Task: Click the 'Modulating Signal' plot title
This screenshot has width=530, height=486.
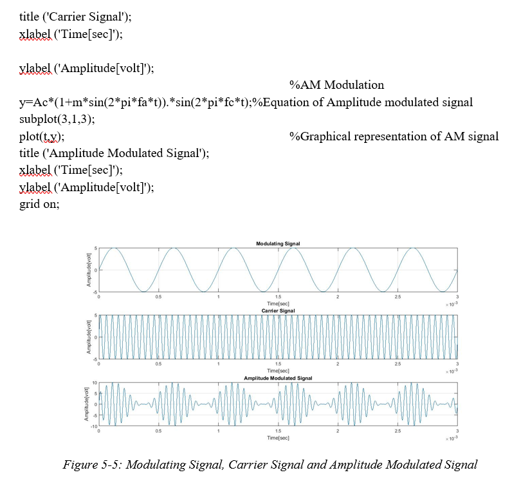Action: click(x=278, y=243)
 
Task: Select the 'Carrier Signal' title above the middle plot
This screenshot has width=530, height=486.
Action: click(x=278, y=311)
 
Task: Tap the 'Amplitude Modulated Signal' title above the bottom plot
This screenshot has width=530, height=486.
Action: click(x=278, y=378)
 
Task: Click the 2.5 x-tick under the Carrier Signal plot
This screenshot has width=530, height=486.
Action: click(x=398, y=364)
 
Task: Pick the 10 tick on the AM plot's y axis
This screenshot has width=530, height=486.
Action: click(x=95, y=383)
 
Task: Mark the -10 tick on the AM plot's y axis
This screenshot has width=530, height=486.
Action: click(x=94, y=425)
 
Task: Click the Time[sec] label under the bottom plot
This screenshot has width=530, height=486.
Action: click(x=278, y=437)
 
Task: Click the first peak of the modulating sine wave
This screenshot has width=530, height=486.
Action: click(x=113, y=248)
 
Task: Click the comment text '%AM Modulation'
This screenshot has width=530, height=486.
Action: click(x=336, y=85)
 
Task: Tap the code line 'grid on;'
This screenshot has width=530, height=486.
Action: click(x=39, y=204)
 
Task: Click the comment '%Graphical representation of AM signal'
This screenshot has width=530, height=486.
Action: click(x=394, y=136)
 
